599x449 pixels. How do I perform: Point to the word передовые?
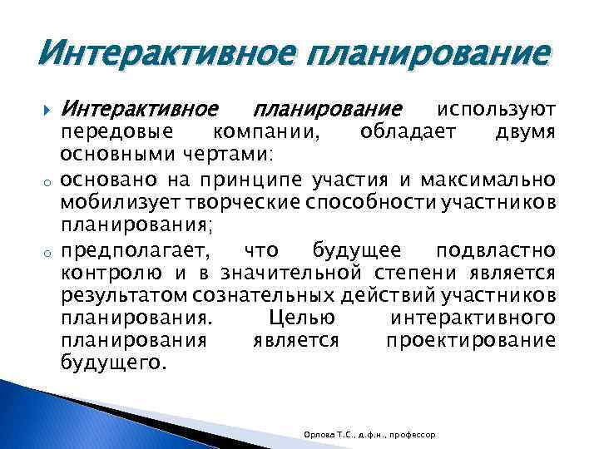point(117,132)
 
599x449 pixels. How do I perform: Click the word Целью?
point(303,318)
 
